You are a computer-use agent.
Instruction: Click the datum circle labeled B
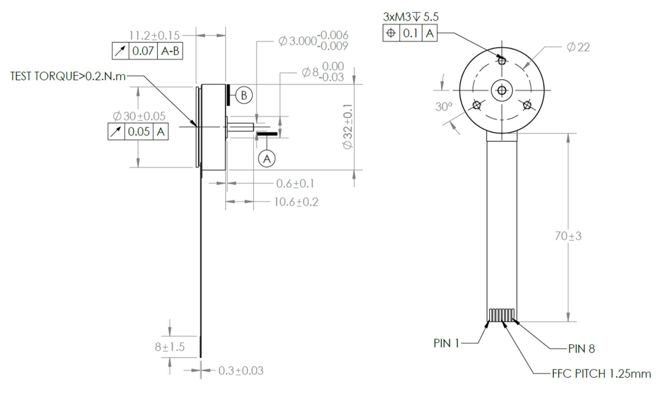(x=244, y=96)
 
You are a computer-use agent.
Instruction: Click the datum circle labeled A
(x=267, y=159)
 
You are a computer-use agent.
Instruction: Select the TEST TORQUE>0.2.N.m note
(x=68, y=76)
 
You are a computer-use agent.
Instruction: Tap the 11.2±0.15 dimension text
(x=154, y=35)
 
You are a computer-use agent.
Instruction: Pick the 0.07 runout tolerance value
(x=143, y=51)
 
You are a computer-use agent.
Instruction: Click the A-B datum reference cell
(x=170, y=51)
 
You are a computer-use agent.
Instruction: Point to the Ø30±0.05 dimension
(x=139, y=116)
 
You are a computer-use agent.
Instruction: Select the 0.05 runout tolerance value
(x=139, y=131)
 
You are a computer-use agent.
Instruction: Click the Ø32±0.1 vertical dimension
(x=348, y=126)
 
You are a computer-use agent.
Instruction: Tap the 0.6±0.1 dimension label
(x=295, y=184)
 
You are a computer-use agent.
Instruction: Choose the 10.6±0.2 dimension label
(x=296, y=202)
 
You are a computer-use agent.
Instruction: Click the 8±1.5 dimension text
(x=169, y=347)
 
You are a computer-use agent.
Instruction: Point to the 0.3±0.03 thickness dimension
(x=241, y=371)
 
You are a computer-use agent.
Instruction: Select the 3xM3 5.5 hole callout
(x=411, y=17)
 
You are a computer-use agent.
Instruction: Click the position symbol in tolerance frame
(x=391, y=33)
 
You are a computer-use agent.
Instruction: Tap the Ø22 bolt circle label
(x=578, y=47)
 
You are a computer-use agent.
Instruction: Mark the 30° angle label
(x=444, y=107)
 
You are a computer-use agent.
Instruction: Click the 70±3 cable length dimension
(x=568, y=236)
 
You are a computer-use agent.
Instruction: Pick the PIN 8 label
(x=581, y=349)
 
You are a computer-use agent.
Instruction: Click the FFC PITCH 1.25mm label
(x=601, y=374)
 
